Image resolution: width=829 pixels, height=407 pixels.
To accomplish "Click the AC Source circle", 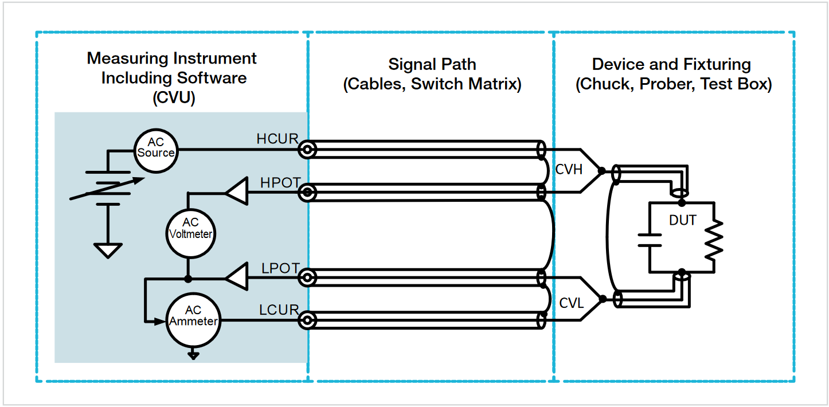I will coord(155,150).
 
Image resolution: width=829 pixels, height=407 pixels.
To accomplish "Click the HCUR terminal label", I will coord(277,139).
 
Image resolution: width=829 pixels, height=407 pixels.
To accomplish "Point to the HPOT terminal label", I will coord(280,182).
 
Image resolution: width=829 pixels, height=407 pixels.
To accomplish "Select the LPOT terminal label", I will coord(280,268).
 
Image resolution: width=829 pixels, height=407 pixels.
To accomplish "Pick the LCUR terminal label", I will coord(279,310).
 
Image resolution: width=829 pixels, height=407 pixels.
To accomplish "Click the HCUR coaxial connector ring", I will coord(308,150).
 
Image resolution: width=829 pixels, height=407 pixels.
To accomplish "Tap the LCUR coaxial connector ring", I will coord(308,320).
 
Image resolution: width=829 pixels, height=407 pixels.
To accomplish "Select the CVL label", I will coord(571,303).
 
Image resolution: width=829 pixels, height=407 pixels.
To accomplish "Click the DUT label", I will coord(682,220).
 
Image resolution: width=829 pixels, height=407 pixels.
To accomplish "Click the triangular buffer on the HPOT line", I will coord(236,192).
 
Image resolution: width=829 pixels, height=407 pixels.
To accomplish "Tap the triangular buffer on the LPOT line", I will coord(236,278).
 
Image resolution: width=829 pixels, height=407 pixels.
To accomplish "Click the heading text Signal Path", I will coord(432,64).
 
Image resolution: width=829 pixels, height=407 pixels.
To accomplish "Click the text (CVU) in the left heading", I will coord(174,97).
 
